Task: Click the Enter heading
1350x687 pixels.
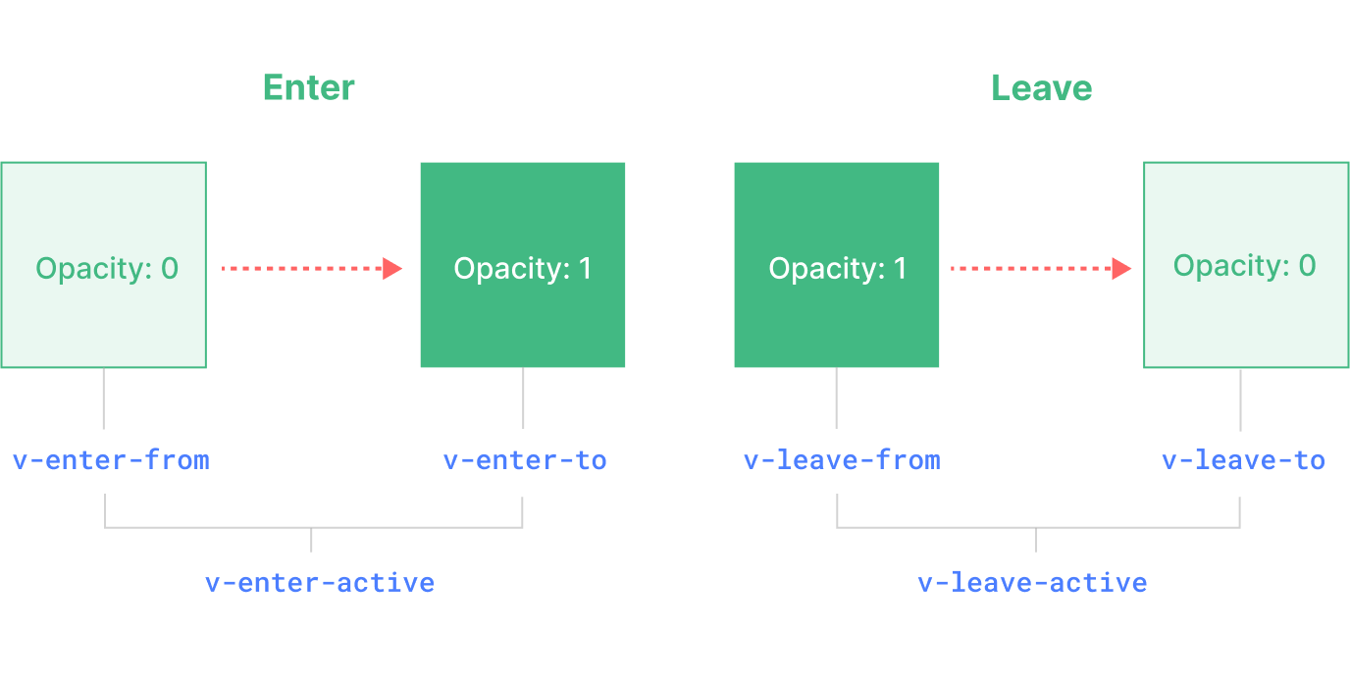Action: (x=308, y=88)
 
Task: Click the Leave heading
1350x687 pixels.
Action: (x=1041, y=88)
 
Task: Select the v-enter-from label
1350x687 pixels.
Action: (x=111, y=460)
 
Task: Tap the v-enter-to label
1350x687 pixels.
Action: (x=525, y=460)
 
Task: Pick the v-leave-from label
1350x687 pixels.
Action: (x=842, y=460)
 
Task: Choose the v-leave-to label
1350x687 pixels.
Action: (x=1243, y=460)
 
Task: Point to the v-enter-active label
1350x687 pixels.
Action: (x=320, y=583)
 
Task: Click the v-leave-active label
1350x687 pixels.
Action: (x=1032, y=583)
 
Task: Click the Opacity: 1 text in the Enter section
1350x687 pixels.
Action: (x=523, y=269)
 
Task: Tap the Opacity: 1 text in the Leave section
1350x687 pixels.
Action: (x=838, y=269)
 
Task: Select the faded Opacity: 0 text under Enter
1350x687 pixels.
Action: (x=107, y=268)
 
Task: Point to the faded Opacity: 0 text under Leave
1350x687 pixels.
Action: (x=1244, y=266)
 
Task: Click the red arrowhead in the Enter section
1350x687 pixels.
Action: (x=392, y=268)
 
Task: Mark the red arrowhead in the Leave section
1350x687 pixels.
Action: (x=1121, y=268)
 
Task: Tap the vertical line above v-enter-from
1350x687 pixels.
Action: (x=103, y=398)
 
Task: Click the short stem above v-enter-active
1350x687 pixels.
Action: (x=311, y=540)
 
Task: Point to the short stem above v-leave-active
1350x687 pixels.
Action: (x=1036, y=540)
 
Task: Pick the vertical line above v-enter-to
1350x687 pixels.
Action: (x=523, y=398)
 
